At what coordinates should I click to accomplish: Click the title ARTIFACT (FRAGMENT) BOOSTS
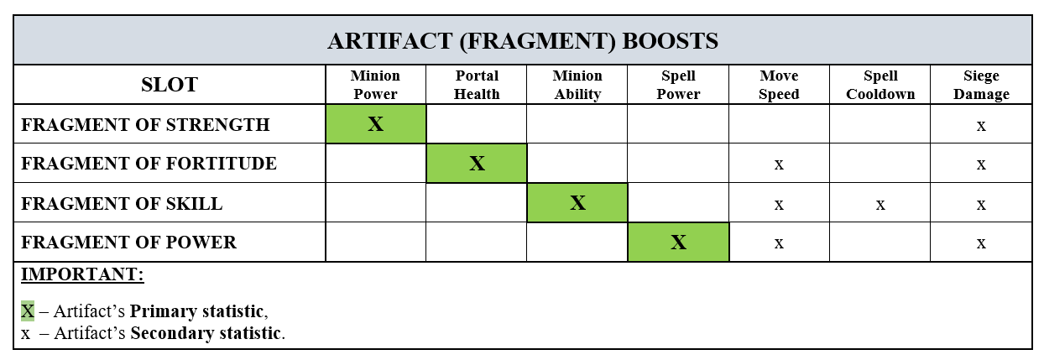(x=522, y=41)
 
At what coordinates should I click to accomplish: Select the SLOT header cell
(x=170, y=85)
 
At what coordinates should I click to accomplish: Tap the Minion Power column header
(x=375, y=85)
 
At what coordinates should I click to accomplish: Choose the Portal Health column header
(x=477, y=85)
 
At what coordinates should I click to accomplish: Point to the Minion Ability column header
(x=577, y=85)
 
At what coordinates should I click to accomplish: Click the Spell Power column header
(x=678, y=85)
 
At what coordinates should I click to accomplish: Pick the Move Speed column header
(x=779, y=85)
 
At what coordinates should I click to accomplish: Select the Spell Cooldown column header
(x=880, y=85)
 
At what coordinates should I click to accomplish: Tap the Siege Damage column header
(x=981, y=85)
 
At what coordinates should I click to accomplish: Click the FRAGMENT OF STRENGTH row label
(x=145, y=125)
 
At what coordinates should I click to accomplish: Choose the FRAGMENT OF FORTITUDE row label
(x=149, y=164)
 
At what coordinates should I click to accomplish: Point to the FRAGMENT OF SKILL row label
(x=122, y=203)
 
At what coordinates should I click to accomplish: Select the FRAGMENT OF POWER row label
(x=128, y=243)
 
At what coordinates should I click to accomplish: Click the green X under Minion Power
(x=375, y=124)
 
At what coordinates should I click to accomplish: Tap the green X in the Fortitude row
(x=477, y=164)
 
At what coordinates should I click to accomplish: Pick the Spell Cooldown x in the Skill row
(x=880, y=204)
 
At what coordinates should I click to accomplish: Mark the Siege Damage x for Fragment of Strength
(x=981, y=125)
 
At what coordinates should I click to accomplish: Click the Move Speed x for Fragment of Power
(x=779, y=243)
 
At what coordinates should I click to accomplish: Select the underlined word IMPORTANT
(x=82, y=275)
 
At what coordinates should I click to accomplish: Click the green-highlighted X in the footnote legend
(x=28, y=311)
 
